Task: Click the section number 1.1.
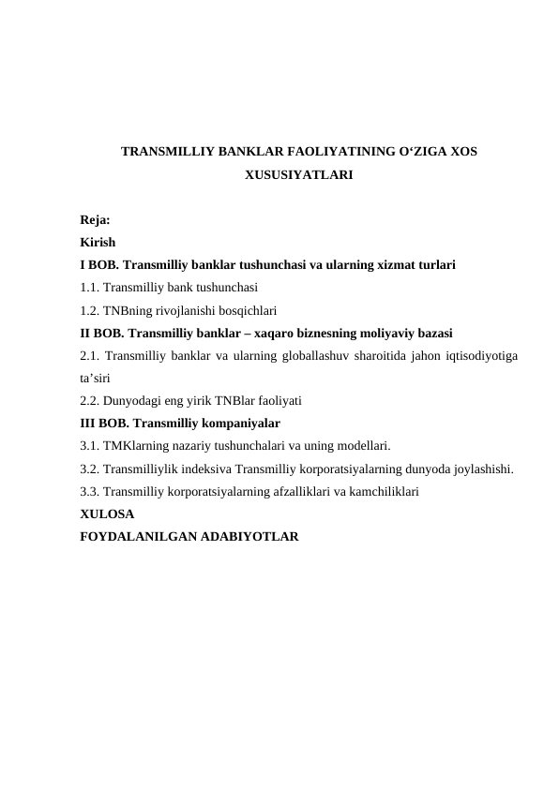91,288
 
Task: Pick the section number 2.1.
91,355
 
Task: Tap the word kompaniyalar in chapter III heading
255,423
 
